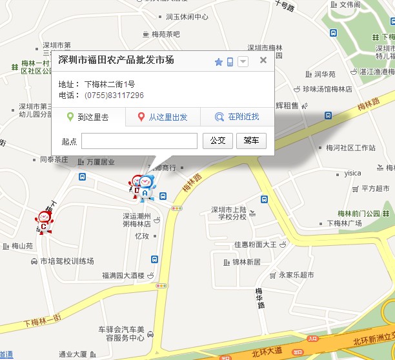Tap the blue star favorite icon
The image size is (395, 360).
[x=218, y=62]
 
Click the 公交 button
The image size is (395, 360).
[x=218, y=141]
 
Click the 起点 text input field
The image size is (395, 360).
[x=139, y=141]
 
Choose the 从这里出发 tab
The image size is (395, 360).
[x=163, y=117]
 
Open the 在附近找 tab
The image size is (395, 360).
[x=237, y=117]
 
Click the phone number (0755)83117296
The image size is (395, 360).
[x=114, y=95]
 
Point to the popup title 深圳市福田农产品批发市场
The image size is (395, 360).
[x=116, y=61]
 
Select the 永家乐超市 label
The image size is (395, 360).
[x=296, y=275]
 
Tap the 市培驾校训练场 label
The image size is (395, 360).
[x=67, y=261]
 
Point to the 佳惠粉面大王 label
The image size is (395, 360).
[x=255, y=245]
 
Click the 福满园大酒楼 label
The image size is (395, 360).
[x=123, y=275]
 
